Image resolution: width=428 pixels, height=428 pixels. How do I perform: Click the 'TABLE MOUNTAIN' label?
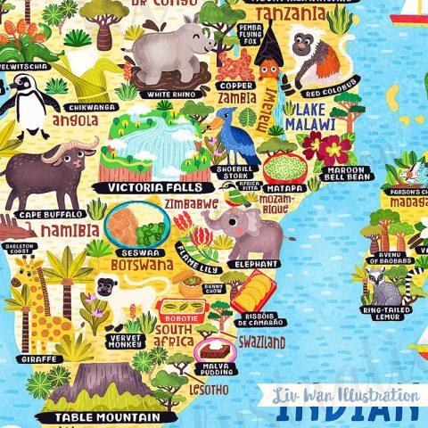(x=105, y=416)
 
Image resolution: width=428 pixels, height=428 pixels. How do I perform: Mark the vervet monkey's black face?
(x=107, y=287)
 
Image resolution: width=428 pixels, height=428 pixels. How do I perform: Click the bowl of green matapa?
(x=285, y=167)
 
